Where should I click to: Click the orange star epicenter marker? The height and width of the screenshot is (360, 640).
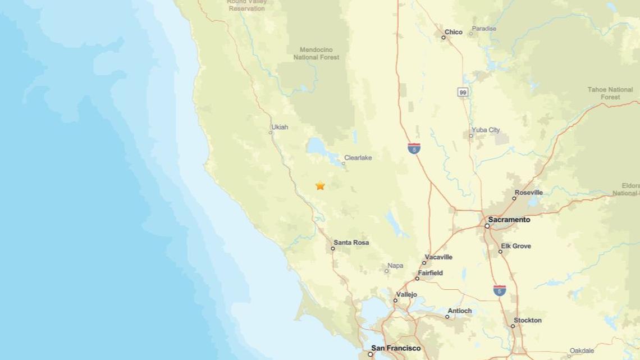click(320, 185)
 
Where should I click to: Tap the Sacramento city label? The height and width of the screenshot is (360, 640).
click(509, 220)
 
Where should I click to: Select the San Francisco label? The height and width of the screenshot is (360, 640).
click(395, 348)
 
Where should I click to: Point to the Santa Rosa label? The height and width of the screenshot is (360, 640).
click(351, 243)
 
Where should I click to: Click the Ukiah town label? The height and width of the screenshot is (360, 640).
click(280, 127)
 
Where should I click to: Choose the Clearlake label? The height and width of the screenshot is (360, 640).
click(358, 158)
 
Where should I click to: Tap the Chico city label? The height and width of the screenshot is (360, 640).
click(453, 32)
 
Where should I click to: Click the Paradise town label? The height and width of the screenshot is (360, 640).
click(484, 29)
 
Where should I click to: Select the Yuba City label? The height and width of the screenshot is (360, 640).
click(486, 130)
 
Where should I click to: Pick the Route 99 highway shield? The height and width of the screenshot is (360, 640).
click(463, 92)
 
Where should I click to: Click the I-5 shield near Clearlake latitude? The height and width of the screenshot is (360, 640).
click(414, 149)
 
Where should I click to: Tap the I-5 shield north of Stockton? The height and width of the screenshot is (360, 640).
click(500, 290)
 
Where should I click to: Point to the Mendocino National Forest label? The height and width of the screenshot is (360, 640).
click(316, 53)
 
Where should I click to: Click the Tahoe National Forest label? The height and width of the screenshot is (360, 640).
click(610, 93)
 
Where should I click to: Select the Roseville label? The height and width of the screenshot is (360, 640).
click(528, 193)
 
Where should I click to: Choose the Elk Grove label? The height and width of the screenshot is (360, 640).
click(515, 246)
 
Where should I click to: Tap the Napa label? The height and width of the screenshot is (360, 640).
click(395, 266)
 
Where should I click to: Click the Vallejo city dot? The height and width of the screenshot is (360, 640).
click(395, 300)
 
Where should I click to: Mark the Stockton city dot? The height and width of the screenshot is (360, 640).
click(513, 326)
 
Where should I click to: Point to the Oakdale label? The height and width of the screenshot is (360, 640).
click(582, 351)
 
